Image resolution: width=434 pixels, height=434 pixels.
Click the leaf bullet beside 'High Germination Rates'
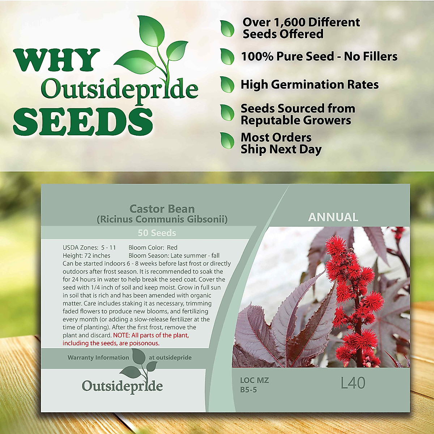[227, 85]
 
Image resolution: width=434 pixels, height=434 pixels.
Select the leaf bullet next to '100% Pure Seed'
[227, 56]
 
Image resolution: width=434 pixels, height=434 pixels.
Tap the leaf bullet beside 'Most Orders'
[227, 141]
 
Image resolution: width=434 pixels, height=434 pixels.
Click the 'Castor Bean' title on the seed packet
[162, 209]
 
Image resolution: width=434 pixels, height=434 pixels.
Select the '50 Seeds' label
[157, 233]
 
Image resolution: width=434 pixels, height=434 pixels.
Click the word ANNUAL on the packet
[333, 217]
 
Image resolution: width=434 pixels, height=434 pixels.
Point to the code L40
[353, 383]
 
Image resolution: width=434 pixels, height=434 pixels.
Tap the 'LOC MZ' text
[255, 380]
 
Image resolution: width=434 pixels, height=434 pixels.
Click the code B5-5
[248, 390]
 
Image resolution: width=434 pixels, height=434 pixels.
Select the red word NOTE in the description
[121, 335]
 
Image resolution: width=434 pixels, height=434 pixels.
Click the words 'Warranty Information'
[98, 357]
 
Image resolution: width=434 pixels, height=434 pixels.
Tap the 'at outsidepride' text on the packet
[170, 357]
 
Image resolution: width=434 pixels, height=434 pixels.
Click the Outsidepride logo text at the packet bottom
[122, 386]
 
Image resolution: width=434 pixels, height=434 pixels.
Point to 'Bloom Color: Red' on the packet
[153, 248]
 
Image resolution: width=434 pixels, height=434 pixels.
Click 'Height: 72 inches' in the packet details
[86, 256]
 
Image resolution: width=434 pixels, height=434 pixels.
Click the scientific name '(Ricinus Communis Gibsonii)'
[162, 219]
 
